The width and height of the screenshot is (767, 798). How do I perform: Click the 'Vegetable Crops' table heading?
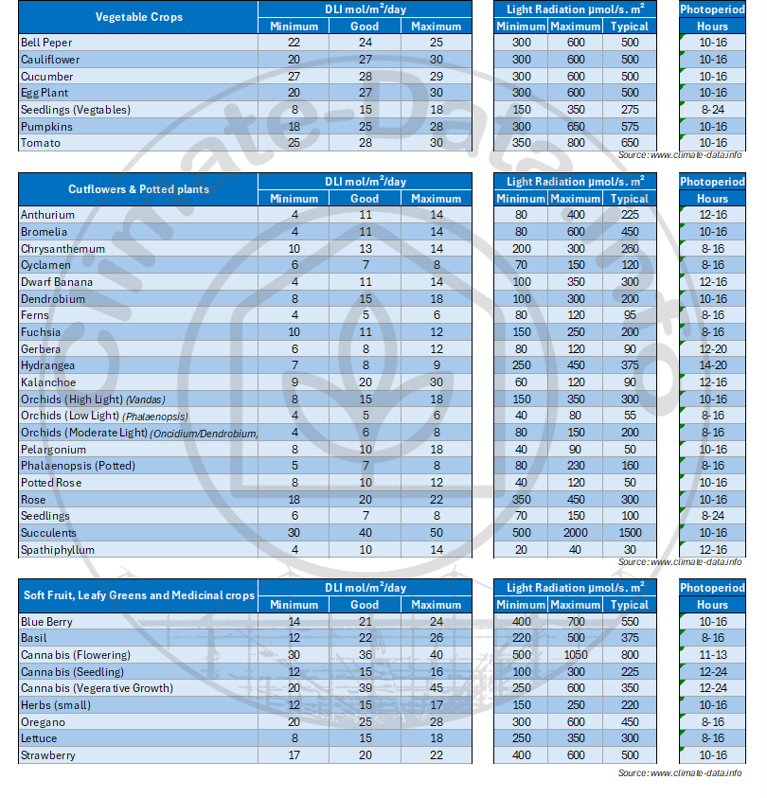coord(139,17)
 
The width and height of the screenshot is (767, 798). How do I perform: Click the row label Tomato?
coord(41,143)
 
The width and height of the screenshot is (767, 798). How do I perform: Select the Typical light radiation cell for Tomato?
coord(630,143)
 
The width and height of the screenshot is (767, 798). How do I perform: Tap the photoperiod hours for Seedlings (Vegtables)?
coord(712,110)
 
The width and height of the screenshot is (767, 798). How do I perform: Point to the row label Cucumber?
coord(46,77)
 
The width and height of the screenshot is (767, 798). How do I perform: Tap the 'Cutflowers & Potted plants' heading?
coord(139,189)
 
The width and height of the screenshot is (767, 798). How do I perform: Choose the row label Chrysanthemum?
coord(62,249)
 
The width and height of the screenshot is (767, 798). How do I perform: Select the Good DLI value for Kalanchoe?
coord(365,382)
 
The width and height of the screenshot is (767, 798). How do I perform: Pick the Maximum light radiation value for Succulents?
coord(575,533)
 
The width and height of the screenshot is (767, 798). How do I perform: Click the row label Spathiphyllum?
coord(58,550)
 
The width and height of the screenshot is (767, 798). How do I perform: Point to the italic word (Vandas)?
coord(146,400)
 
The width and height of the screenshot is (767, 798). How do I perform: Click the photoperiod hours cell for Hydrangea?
coord(712,365)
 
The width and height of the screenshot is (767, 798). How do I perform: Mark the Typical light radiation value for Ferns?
coord(630,315)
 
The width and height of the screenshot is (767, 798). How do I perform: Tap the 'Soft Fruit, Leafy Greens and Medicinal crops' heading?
coord(139,595)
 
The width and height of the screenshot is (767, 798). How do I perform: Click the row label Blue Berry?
coord(46,622)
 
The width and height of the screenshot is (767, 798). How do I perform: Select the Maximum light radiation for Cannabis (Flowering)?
coord(575,655)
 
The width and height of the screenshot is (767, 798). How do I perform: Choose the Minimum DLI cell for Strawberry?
coord(294,755)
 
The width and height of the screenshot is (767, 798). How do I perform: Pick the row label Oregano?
coord(43,722)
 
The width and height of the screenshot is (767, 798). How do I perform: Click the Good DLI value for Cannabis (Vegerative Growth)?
coord(365,688)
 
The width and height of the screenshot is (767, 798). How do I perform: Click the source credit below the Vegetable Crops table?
coord(680,155)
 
